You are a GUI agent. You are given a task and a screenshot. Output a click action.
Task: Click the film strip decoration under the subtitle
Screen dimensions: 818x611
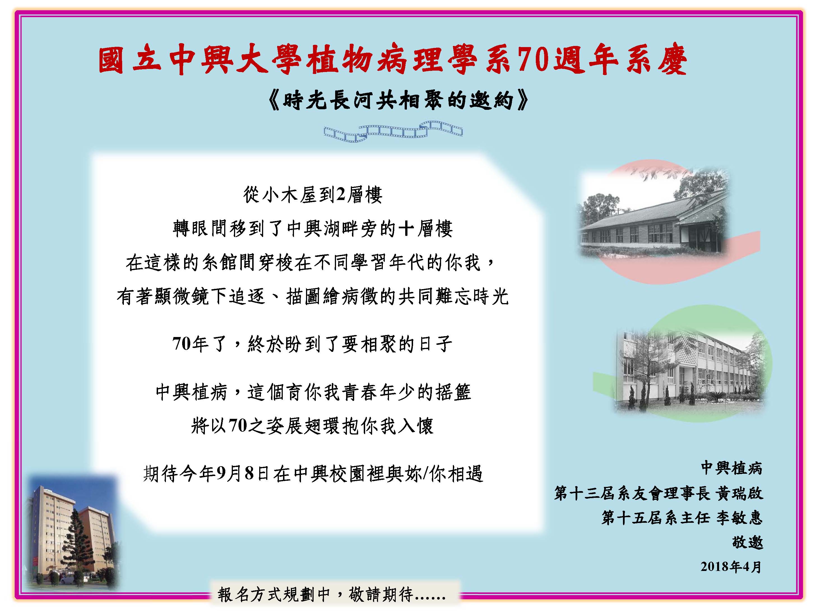pos(393,131)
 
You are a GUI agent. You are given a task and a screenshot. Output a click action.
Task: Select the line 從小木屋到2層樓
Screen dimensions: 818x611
pos(313,195)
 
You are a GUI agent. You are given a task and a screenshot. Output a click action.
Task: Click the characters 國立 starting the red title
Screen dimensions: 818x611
pos(130,60)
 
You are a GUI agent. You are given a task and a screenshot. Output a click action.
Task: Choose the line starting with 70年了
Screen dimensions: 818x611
pos(312,344)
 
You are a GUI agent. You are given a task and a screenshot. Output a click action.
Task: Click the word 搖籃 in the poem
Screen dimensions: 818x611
pos(453,392)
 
